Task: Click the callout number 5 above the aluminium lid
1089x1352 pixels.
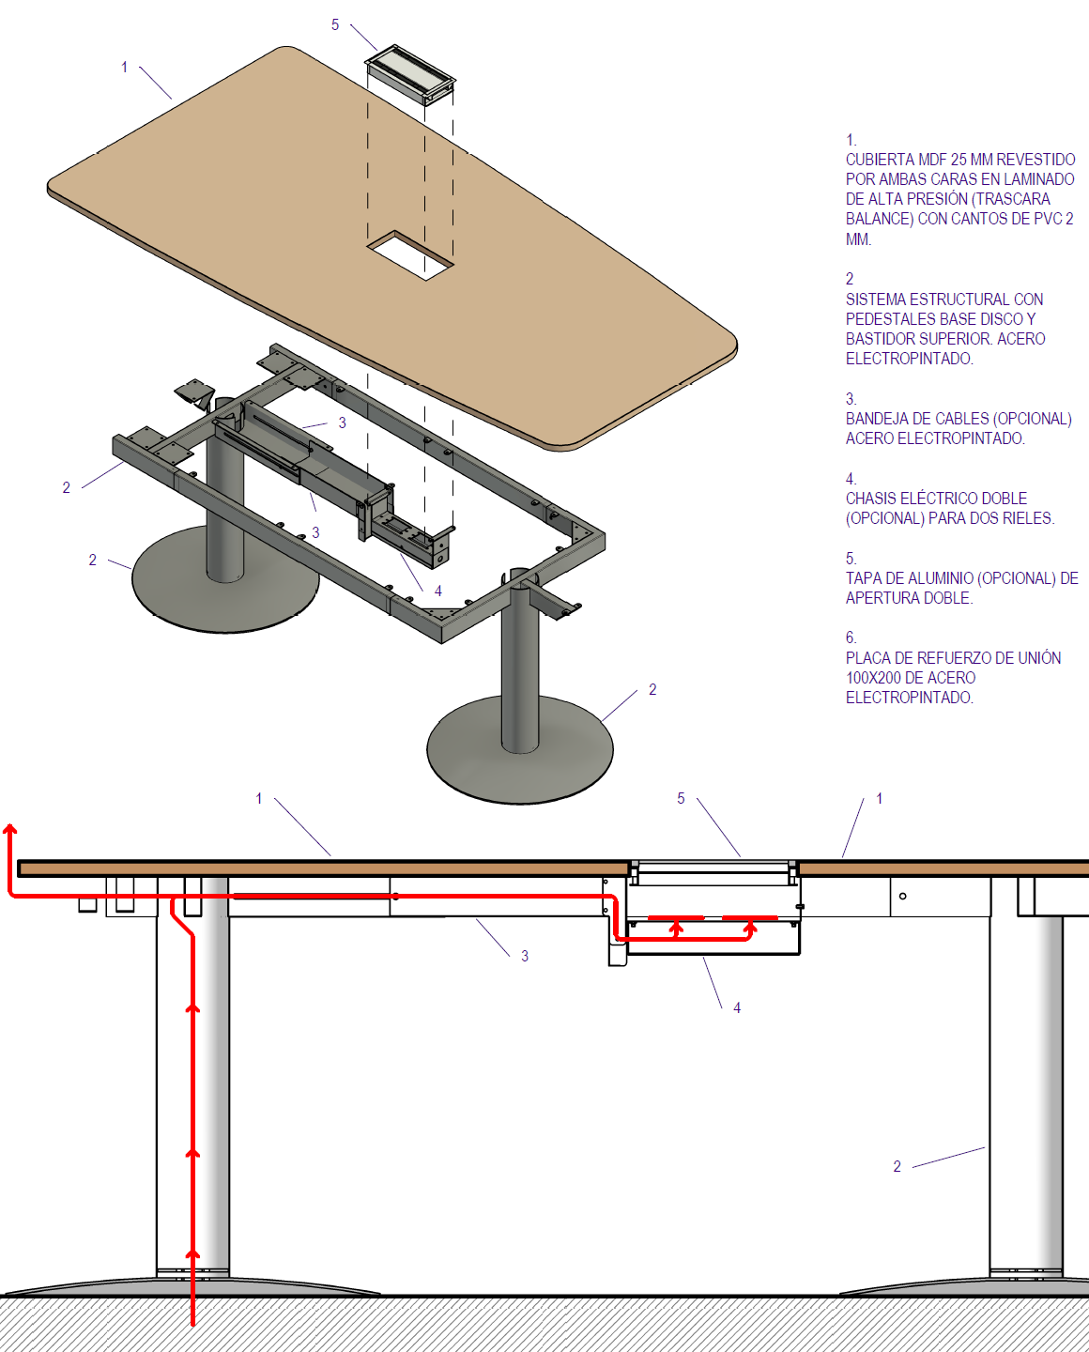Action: coord(335,25)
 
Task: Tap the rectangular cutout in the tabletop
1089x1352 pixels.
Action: coord(409,255)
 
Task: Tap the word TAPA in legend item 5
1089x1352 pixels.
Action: coord(862,578)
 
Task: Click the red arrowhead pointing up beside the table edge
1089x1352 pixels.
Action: coord(9,830)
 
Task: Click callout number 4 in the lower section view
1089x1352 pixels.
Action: coord(737,1008)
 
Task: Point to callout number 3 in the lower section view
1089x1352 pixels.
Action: coord(525,956)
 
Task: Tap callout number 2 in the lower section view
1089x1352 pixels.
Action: coord(897,1167)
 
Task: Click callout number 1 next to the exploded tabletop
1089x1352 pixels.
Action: coord(125,68)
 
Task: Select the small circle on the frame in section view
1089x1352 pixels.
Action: coord(903,896)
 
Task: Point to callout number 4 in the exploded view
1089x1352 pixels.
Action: coord(438,591)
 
